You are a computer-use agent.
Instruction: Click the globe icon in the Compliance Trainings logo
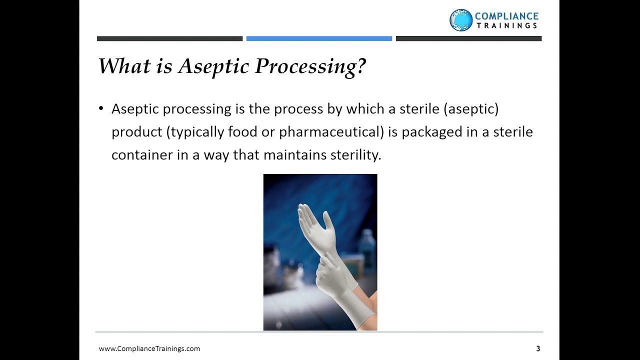[x=460, y=20]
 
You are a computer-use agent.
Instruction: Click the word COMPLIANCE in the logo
[x=506, y=16]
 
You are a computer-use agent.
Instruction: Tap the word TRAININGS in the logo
[x=506, y=26]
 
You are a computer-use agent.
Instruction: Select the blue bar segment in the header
[x=319, y=38]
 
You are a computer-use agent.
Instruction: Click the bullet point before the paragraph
[x=101, y=109]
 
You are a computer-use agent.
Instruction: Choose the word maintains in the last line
[x=294, y=155]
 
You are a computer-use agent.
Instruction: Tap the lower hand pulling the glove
[x=330, y=272]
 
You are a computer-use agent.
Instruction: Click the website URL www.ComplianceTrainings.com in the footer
[x=149, y=348]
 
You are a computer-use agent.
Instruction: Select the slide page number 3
[x=538, y=348]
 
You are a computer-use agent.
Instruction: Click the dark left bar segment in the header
[x=169, y=38]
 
